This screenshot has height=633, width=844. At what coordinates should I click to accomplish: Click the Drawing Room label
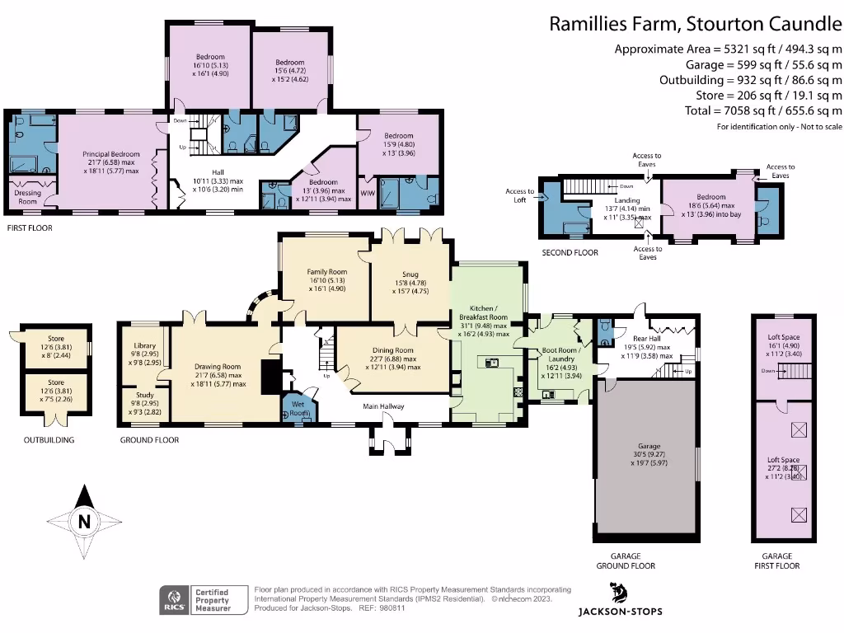tap(218, 367)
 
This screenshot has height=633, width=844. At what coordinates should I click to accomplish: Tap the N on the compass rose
tap(83, 521)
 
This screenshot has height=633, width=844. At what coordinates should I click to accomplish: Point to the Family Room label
tap(327, 271)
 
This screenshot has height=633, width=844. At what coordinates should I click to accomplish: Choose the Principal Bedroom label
tap(111, 154)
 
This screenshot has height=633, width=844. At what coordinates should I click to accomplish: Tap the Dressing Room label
tap(28, 197)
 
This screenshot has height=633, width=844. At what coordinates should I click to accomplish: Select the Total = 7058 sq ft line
tap(763, 110)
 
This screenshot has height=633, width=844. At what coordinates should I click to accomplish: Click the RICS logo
tap(174, 599)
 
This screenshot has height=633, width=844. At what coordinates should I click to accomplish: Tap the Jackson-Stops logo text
tap(620, 611)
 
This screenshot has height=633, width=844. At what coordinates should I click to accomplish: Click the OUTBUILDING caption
tap(49, 440)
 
